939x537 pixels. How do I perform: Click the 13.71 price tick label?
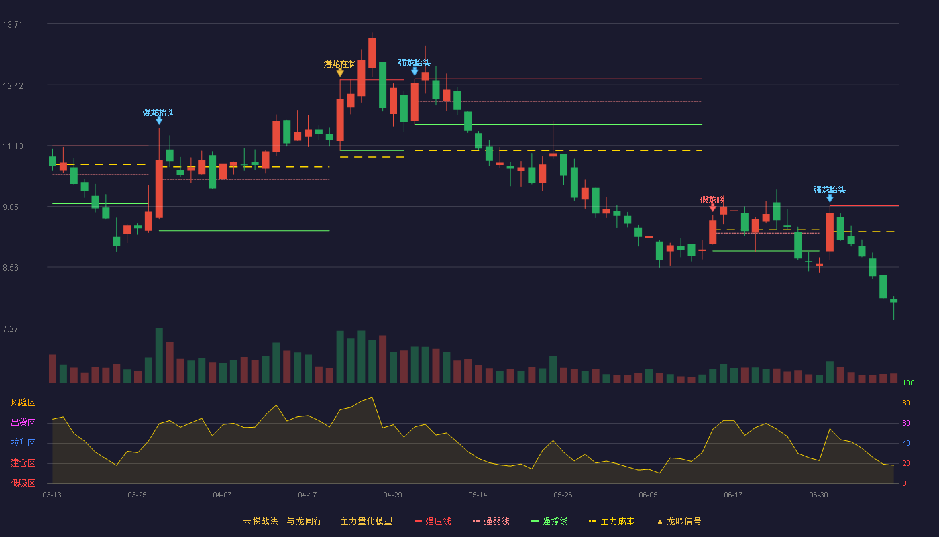point(13,25)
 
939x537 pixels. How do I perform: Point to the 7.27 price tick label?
point(11,328)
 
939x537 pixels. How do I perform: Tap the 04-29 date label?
point(392,495)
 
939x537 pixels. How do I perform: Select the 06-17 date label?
point(733,495)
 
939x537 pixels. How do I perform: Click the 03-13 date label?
point(52,495)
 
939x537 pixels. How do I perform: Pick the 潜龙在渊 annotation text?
point(339,64)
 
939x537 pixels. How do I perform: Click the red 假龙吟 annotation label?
point(712,200)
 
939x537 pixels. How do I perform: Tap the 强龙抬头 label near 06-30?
point(830,189)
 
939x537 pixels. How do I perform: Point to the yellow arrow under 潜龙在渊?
point(340,73)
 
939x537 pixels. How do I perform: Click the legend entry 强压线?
point(433,521)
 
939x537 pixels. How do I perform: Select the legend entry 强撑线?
point(549,521)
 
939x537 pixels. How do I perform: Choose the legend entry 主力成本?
point(612,521)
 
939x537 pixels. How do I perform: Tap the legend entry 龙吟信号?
point(679,521)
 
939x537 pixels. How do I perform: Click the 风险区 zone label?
point(23,403)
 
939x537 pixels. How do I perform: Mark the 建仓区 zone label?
point(23,463)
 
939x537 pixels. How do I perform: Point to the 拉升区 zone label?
point(23,443)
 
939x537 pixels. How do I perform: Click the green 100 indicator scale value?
point(908,383)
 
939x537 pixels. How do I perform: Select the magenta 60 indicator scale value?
point(906,423)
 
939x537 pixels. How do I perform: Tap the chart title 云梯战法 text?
point(261,521)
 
